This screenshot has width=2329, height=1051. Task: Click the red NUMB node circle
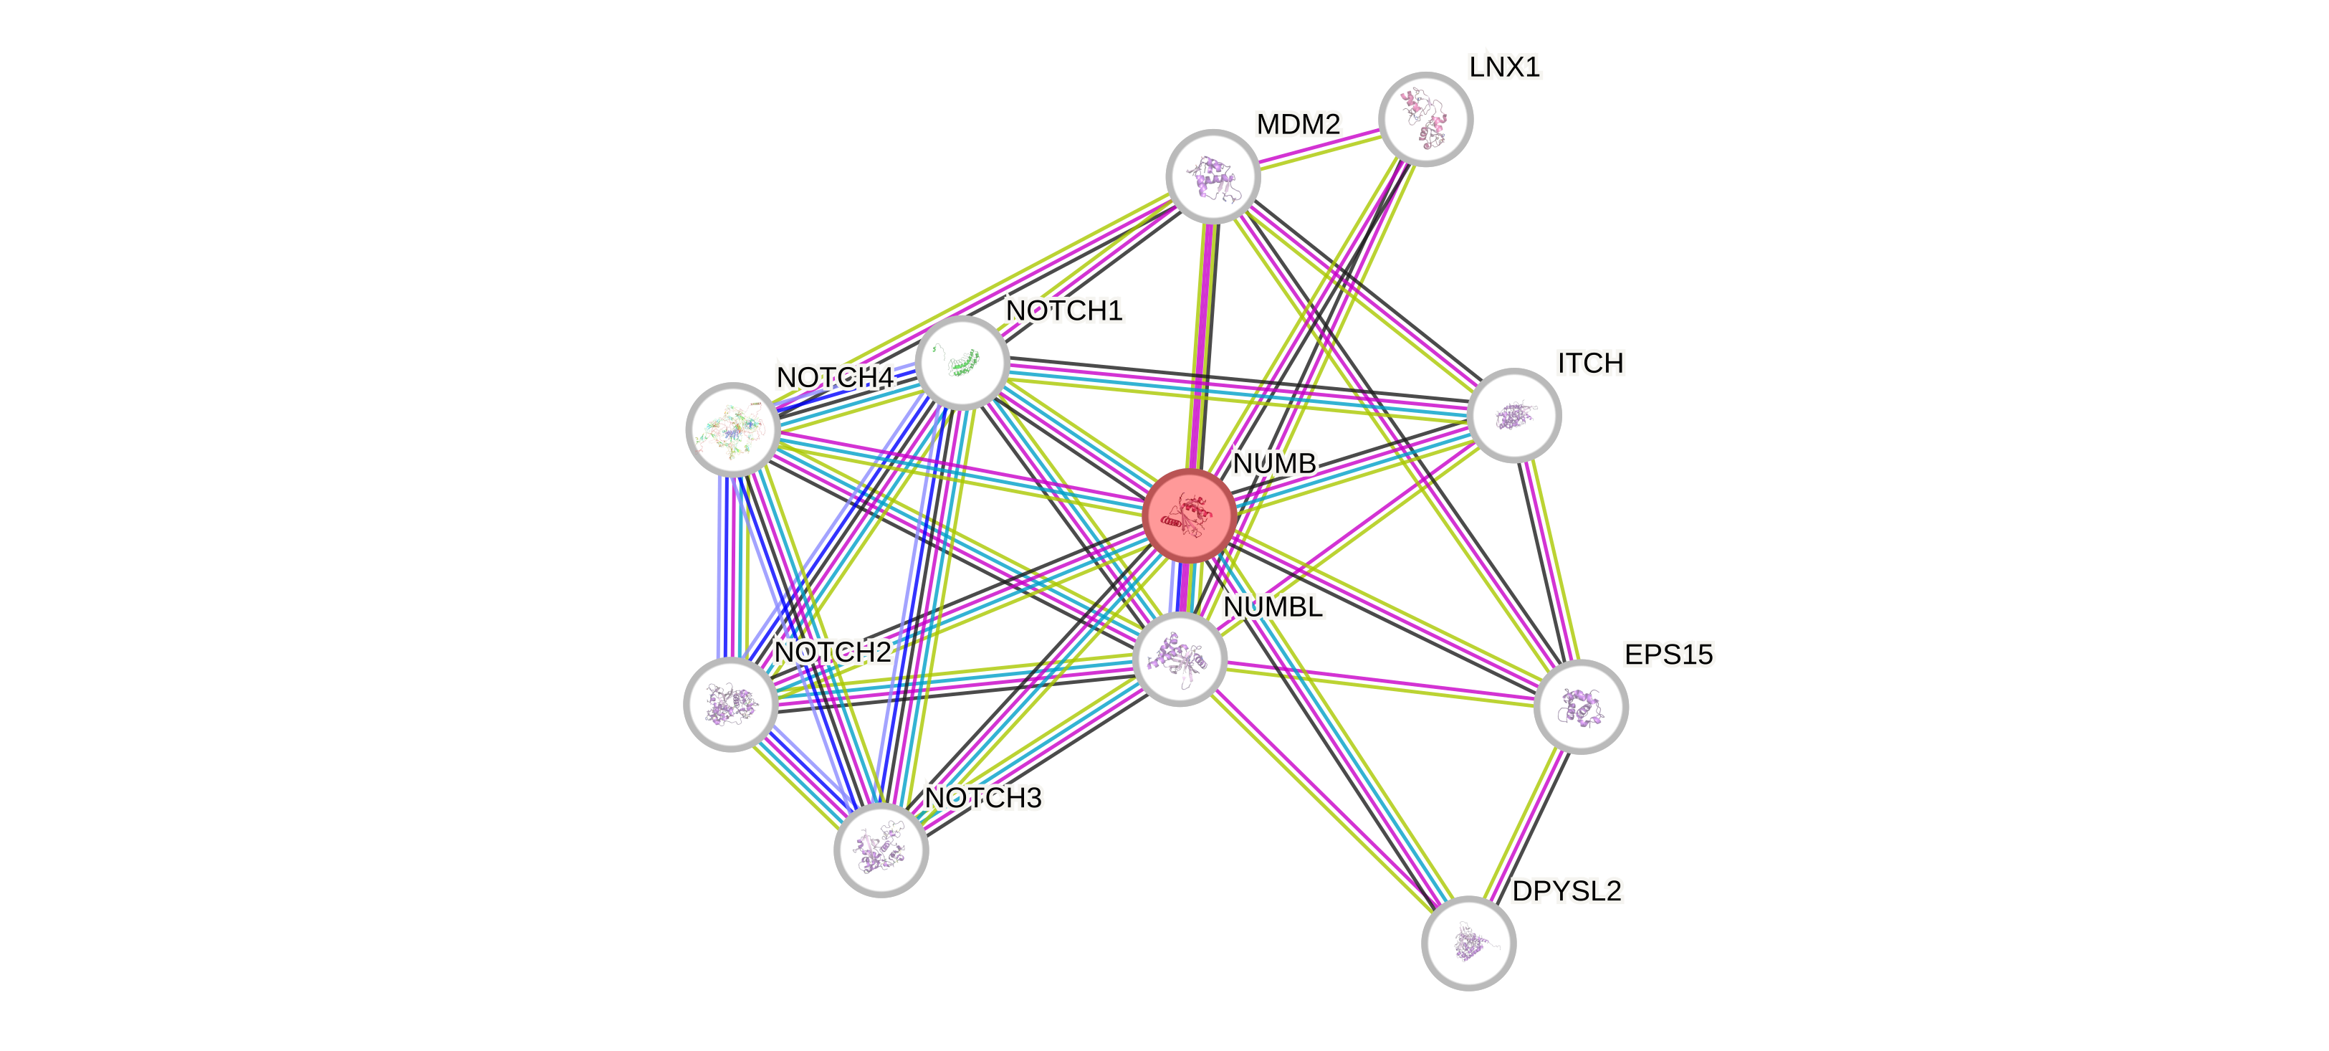(1189, 515)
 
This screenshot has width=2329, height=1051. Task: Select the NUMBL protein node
(1179, 658)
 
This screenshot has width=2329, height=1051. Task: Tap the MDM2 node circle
(1213, 176)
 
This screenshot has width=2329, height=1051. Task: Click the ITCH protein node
(1514, 415)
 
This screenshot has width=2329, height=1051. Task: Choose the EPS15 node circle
(1580, 706)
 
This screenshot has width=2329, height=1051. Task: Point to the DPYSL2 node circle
(1468, 943)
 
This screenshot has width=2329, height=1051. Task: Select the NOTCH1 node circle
(962, 362)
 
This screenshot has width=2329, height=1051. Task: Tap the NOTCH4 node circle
(732, 429)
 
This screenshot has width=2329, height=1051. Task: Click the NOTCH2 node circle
(730, 705)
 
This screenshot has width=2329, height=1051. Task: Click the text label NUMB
(1274, 463)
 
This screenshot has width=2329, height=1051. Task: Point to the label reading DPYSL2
(1567, 891)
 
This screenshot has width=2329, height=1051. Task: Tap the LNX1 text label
(1504, 67)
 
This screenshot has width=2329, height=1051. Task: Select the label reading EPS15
(1668, 654)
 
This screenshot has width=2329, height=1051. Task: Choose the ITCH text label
(1590, 363)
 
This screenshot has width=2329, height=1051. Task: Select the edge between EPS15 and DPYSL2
(1524, 825)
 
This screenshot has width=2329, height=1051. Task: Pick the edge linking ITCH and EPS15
(1548, 561)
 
